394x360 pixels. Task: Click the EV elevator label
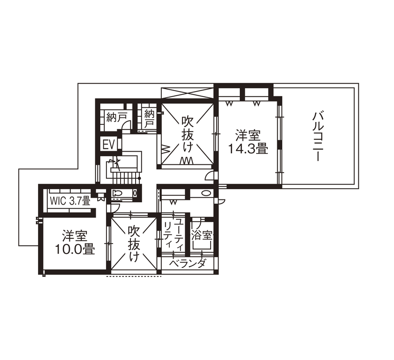[x=109, y=144]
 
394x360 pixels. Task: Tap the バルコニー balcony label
[x=318, y=136]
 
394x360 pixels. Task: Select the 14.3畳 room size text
[x=248, y=149]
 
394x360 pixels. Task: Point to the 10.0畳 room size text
[x=75, y=249]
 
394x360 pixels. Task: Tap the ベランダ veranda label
[x=187, y=264]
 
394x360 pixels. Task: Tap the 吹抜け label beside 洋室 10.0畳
[x=133, y=244]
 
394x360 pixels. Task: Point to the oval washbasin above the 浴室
[x=205, y=193]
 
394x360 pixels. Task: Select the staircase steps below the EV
[x=124, y=177]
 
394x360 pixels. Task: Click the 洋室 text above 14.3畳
[x=248, y=136]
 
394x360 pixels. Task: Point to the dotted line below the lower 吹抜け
[x=134, y=276]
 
